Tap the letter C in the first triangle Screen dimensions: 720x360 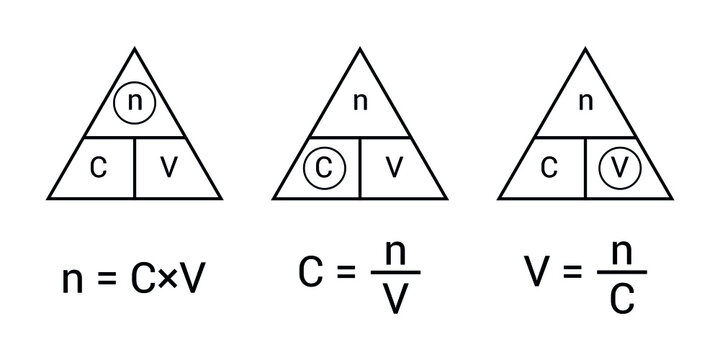pos(97,167)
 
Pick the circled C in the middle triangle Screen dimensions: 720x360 pos(322,167)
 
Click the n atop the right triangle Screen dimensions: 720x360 pos(587,100)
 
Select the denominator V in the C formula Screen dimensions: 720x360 pos(394,297)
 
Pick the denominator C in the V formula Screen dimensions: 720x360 pos(620,297)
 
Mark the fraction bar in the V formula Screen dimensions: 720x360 pos(620,274)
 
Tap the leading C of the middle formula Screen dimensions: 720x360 pos(309,273)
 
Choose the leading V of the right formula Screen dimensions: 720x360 pos(535,273)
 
